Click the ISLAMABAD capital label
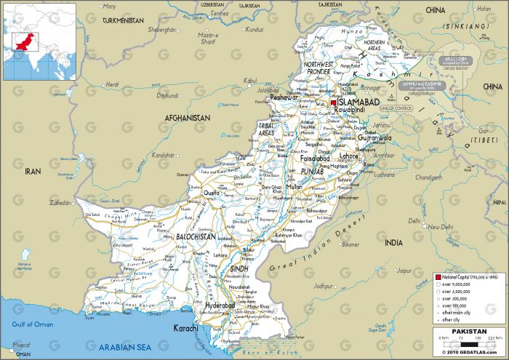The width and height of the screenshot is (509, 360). tap(361, 103)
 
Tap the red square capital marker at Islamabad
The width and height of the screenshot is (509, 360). tap(334, 103)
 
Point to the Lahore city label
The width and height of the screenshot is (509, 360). tap(349, 156)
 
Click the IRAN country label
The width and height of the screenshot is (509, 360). tap(33, 170)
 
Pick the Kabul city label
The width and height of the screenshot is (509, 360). tap(252, 81)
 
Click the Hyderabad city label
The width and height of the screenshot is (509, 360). tap(220, 306)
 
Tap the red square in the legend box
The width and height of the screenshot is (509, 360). tap(438, 278)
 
